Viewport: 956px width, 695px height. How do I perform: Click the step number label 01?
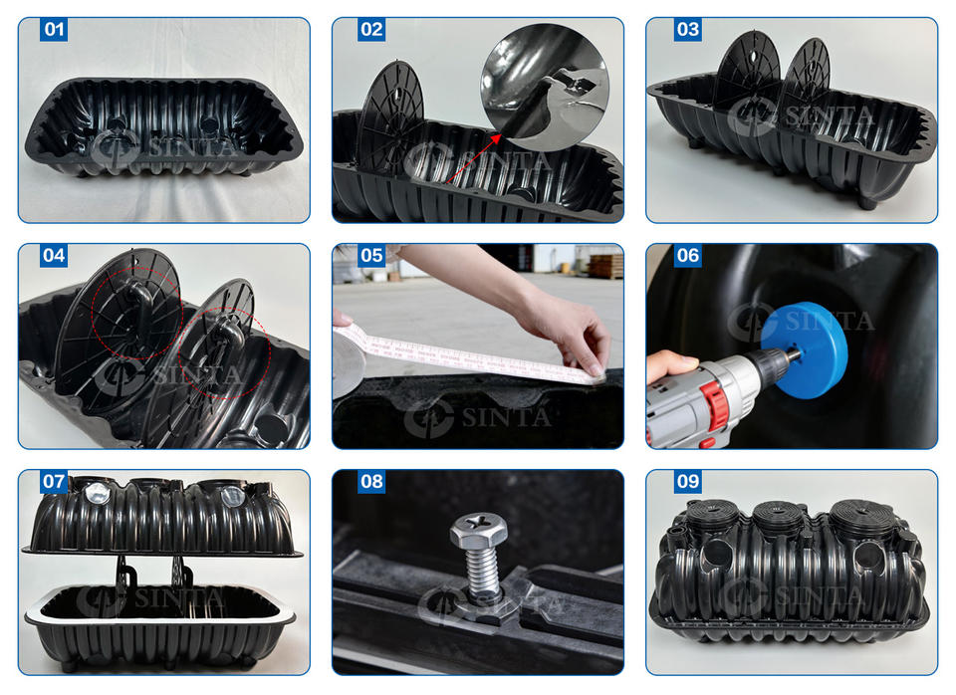[x=54, y=29]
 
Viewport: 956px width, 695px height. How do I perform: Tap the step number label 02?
[x=371, y=29]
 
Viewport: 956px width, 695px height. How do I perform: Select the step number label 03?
[x=688, y=29]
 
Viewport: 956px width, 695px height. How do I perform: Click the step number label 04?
[x=54, y=255]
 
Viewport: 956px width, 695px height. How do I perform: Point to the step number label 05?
[x=371, y=255]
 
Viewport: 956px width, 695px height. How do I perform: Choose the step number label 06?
[x=688, y=255]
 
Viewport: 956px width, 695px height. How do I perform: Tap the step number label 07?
[x=54, y=481]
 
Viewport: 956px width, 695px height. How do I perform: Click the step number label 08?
[x=371, y=481]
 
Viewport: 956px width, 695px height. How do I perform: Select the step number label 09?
[x=688, y=481]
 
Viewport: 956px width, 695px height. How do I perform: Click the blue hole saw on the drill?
[x=806, y=350]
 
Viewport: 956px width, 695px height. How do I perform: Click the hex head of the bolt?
[x=479, y=529]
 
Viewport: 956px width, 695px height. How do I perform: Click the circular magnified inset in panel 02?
[x=544, y=87]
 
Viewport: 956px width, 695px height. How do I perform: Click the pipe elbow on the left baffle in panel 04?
[x=139, y=299]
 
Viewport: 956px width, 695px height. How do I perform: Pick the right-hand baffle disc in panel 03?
[x=806, y=80]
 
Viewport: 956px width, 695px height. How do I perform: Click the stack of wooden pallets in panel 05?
[x=606, y=266]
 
